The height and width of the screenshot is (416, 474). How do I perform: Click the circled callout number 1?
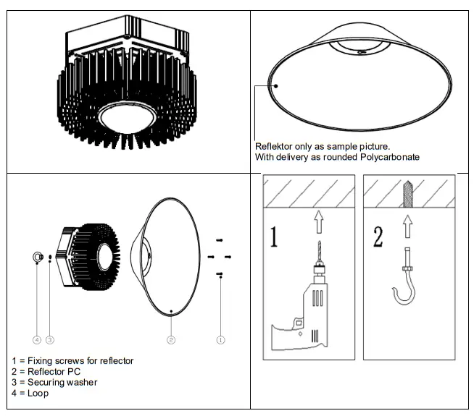220,339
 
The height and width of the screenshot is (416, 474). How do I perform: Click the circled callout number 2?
170,339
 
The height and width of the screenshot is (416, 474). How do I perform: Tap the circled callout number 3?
50,339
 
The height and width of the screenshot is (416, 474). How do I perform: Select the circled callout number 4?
36,339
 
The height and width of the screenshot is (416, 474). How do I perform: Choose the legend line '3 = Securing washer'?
55,382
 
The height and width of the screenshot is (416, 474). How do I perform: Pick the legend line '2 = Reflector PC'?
46,371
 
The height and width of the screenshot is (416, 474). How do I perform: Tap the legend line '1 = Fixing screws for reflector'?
72,360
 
